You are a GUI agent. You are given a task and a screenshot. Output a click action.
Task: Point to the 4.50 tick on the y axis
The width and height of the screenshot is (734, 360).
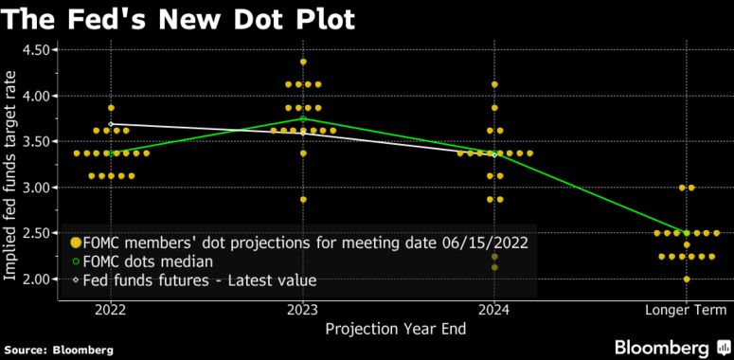32,49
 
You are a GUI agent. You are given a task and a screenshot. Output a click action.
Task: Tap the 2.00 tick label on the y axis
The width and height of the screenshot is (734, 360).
32,279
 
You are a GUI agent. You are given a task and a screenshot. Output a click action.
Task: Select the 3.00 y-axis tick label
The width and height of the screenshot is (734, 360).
32,188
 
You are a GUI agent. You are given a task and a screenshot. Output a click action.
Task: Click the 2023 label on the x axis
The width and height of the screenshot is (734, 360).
303,310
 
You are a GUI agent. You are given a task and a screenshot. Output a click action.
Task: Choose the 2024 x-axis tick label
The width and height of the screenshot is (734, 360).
494,310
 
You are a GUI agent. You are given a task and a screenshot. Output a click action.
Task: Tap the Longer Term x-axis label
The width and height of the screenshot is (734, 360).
686,310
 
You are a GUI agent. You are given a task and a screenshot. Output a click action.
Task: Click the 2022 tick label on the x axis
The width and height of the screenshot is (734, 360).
111,310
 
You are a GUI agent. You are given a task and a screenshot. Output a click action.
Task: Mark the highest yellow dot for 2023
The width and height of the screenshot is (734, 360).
303,62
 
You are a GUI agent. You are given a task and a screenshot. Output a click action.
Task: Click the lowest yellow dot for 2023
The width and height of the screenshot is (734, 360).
303,199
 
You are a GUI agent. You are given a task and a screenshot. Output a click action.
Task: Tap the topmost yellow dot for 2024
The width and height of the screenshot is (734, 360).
494,84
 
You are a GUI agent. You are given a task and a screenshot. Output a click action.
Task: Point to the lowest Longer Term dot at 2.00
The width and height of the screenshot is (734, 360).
686,279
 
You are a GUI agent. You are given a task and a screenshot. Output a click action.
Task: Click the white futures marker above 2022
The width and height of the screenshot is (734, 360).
111,124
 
